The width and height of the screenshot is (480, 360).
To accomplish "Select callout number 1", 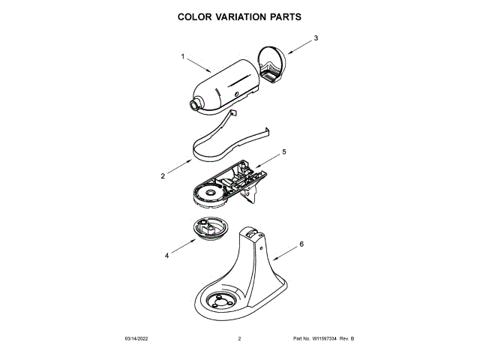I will [x=183, y=56].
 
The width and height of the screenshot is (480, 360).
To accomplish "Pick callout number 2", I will [x=163, y=176].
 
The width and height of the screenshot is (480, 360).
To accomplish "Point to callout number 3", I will [x=316, y=37].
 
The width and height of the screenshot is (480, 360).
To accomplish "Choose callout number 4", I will [x=166, y=255].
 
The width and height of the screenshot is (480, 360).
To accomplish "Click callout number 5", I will [x=284, y=152].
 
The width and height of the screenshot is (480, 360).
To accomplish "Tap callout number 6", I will [x=301, y=244].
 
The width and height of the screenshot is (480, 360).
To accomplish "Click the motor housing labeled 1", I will [x=225, y=86].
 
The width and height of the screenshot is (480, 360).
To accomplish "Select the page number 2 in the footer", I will [x=239, y=339].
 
